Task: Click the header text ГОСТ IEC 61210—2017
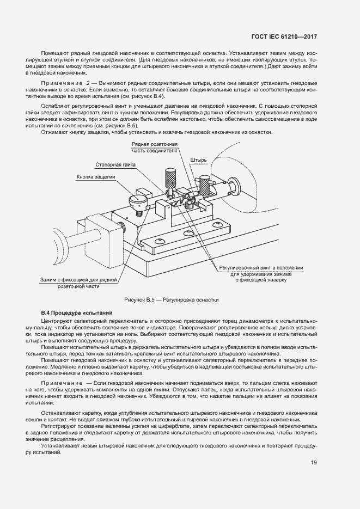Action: click(x=284, y=36)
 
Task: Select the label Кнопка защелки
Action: click(x=96, y=177)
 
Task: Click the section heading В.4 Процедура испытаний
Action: click(x=77, y=313)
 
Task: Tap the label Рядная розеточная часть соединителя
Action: click(x=155, y=147)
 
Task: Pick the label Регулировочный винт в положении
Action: click(x=261, y=268)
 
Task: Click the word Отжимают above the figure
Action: click(x=54, y=133)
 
